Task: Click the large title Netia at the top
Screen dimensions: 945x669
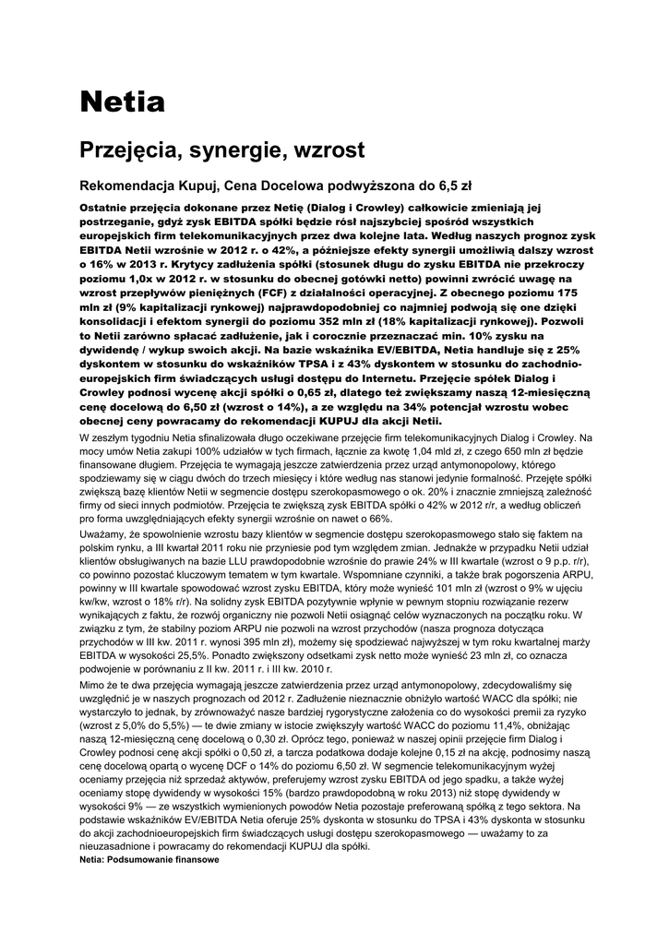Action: [x=122, y=102]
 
